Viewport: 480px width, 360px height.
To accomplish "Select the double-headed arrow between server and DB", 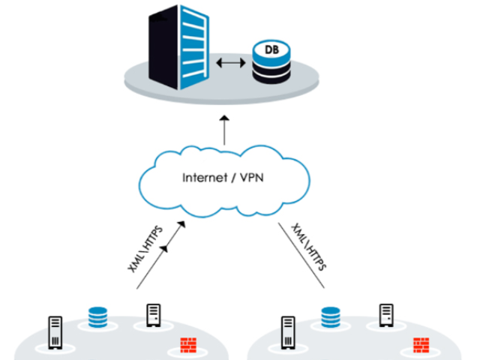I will pos(230,64).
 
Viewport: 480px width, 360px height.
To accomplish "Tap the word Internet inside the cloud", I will pos(204,178).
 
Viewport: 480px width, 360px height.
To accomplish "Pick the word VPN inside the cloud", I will pos(254,178).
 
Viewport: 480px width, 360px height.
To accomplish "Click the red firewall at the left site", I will pos(187,346).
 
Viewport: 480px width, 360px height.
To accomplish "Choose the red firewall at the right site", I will pos(420,346).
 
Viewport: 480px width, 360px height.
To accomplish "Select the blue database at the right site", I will pos(331,316).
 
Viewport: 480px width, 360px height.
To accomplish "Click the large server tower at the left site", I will pos(56,333).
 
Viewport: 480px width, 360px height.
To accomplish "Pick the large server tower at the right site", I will pos(288,333).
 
